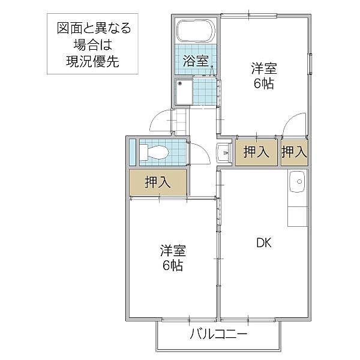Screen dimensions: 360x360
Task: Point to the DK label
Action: coord(264,243)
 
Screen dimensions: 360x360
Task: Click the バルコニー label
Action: coord(219,334)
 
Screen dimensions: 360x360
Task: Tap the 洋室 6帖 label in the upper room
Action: coord(263,76)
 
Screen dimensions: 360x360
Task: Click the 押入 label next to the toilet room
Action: coord(158,182)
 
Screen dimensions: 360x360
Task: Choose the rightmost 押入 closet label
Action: coord(294,152)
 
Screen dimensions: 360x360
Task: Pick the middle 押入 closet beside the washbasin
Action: coord(256,152)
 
